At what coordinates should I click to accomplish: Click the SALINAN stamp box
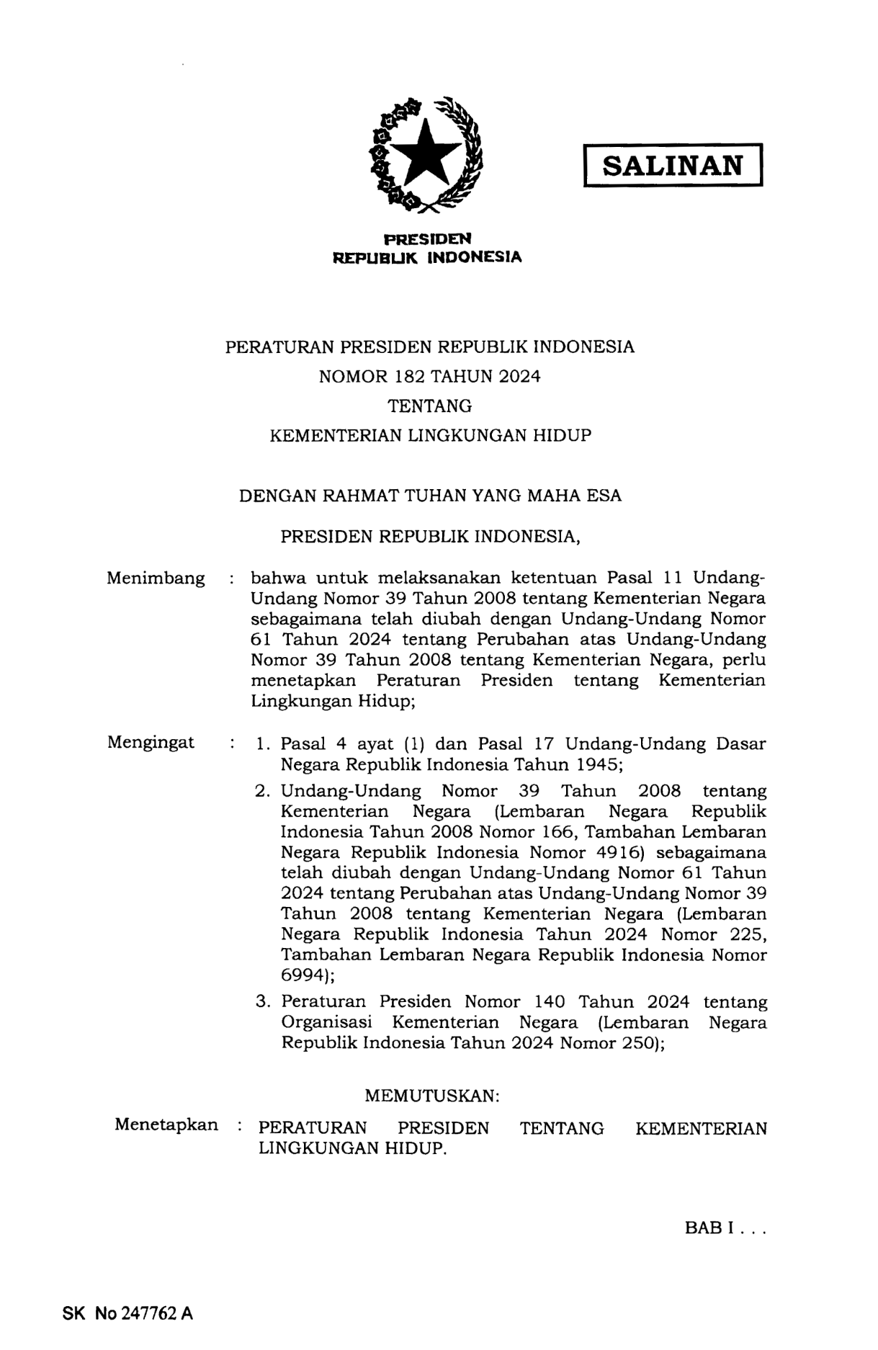click(x=672, y=166)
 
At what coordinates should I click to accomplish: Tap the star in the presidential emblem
click(x=427, y=153)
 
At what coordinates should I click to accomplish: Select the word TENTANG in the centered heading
click(x=430, y=406)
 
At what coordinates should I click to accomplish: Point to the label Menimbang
click(x=156, y=578)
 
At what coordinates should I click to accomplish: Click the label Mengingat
click(x=151, y=743)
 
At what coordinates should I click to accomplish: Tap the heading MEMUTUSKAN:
click(x=431, y=1096)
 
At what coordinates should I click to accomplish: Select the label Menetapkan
click(x=166, y=1125)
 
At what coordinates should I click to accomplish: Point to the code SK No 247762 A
click(x=127, y=1313)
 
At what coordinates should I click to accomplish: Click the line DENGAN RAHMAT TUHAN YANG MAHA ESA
click(x=430, y=496)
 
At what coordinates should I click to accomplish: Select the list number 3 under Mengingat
click(x=262, y=1002)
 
